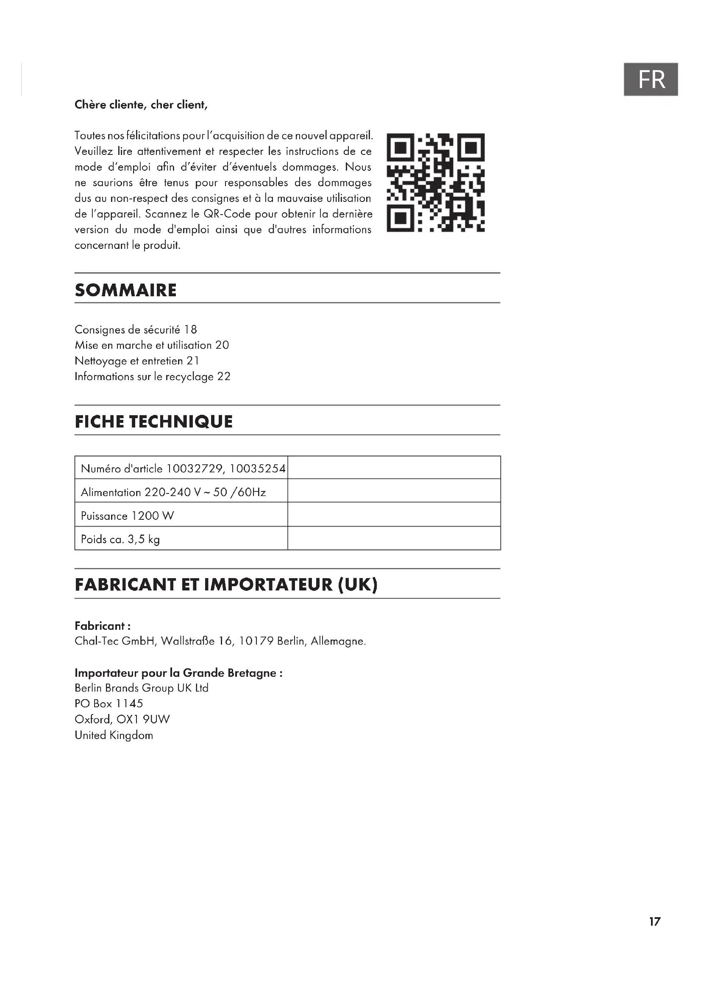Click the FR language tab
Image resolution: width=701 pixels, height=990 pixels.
point(651,79)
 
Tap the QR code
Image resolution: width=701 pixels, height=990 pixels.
point(436,183)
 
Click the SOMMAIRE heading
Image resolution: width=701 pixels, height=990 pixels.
point(125,290)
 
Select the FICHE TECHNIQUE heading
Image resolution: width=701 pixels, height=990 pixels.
point(154,422)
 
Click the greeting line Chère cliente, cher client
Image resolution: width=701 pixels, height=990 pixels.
point(141,105)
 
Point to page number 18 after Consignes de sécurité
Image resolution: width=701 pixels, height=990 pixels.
point(190,330)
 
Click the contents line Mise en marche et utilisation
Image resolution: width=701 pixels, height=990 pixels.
point(151,345)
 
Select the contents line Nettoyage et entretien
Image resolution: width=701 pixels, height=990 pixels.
point(136,361)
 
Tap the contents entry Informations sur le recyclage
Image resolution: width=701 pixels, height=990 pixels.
point(153,377)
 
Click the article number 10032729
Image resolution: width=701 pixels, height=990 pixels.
point(194,469)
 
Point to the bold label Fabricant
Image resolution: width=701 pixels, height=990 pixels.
point(102,626)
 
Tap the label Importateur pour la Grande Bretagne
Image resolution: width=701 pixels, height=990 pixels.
point(178,673)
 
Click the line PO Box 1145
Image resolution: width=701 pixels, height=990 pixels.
point(109,704)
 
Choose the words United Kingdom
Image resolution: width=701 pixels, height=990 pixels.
point(114,735)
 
